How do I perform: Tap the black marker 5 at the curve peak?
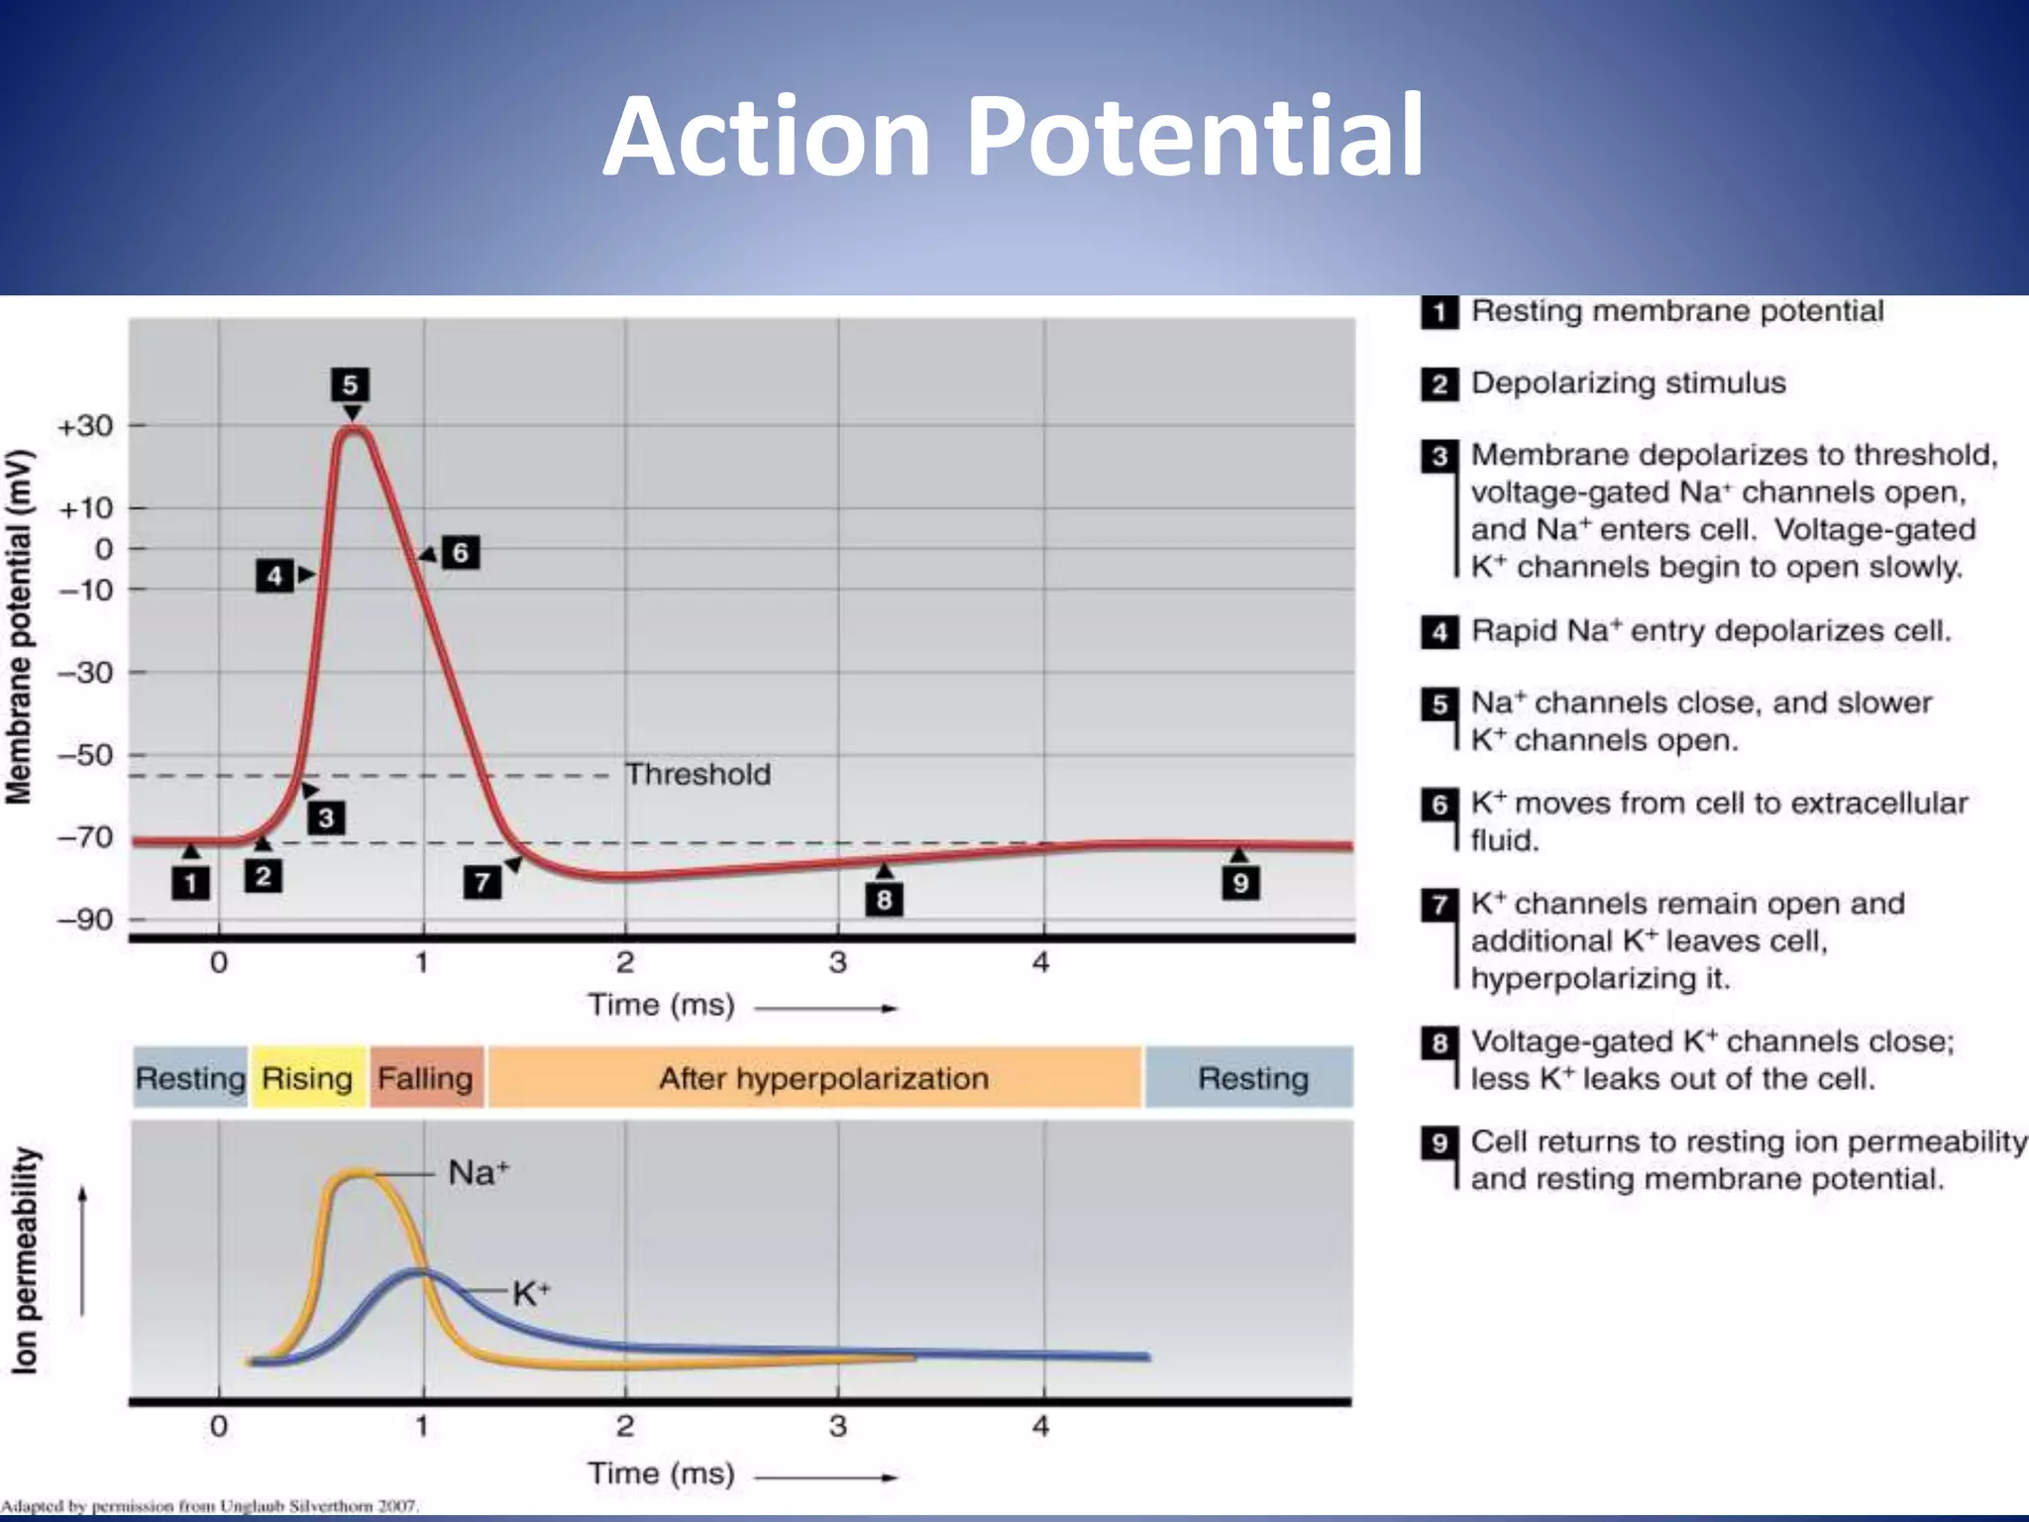click(x=350, y=384)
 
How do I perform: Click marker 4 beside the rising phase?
click(x=274, y=576)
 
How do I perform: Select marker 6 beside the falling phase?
click(x=460, y=552)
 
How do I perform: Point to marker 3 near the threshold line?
click(x=326, y=818)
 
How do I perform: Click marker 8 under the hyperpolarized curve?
click(x=884, y=900)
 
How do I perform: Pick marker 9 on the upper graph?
click(x=1240, y=882)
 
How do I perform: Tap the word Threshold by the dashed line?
click(x=697, y=774)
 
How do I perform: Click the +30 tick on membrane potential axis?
click(x=86, y=426)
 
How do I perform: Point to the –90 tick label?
click(x=85, y=920)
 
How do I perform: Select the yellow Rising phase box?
click(x=307, y=1077)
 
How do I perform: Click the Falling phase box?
click(x=426, y=1077)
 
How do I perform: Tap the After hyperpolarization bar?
click(x=822, y=1077)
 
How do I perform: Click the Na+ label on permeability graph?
click(x=479, y=1173)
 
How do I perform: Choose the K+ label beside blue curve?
click(x=531, y=1293)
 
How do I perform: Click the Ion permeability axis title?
click(x=25, y=1260)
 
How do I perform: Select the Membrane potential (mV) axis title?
click(x=20, y=626)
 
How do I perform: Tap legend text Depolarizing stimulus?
click(x=1628, y=382)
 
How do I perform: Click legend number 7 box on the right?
click(x=1440, y=905)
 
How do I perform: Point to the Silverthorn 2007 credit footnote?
click(x=210, y=1506)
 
